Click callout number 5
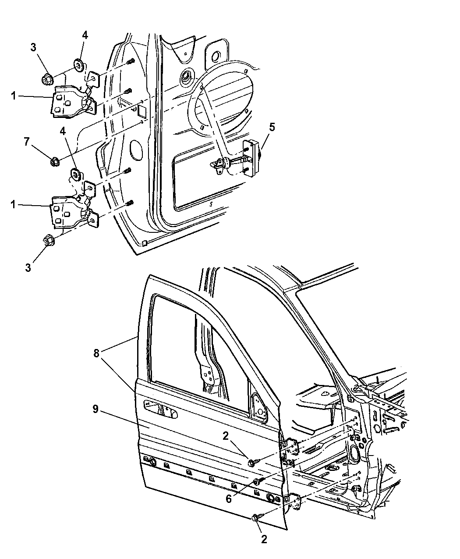tap(272, 127)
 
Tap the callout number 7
tap(27, 141)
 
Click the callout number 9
tap(95, 409)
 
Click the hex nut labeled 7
tap(55, 161)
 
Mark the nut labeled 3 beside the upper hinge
tap(47, 80)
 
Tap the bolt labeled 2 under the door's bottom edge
tap(256, 518)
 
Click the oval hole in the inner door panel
tap(136, 150)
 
